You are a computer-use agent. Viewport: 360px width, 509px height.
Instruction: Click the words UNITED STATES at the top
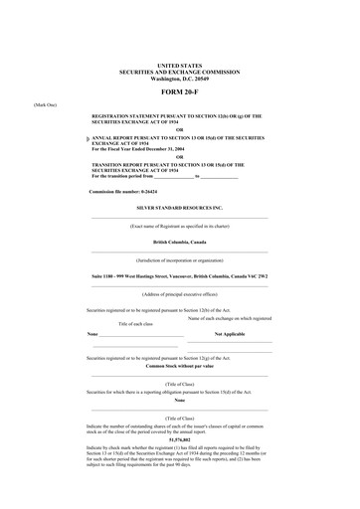pos(179,66)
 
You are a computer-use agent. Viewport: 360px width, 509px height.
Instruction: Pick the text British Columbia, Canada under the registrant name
pos(179,241)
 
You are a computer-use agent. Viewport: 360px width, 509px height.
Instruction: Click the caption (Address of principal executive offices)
pos(179,294)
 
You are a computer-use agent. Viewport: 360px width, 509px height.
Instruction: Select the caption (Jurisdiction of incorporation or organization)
pos(179,258)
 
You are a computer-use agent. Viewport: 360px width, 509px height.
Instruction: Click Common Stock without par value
pos(179,367)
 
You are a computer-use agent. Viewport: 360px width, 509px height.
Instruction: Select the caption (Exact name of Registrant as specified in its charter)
pos(179,227)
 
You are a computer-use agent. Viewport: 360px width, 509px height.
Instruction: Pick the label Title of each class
pos(138,324)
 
